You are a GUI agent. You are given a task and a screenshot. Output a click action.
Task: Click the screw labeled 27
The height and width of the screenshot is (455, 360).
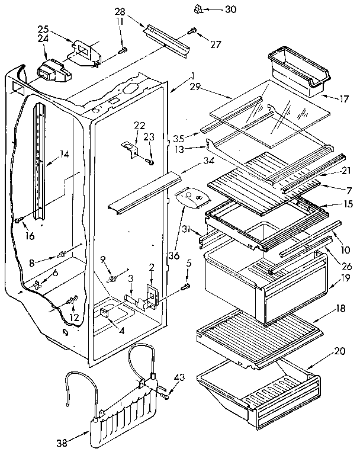[192, 31]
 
